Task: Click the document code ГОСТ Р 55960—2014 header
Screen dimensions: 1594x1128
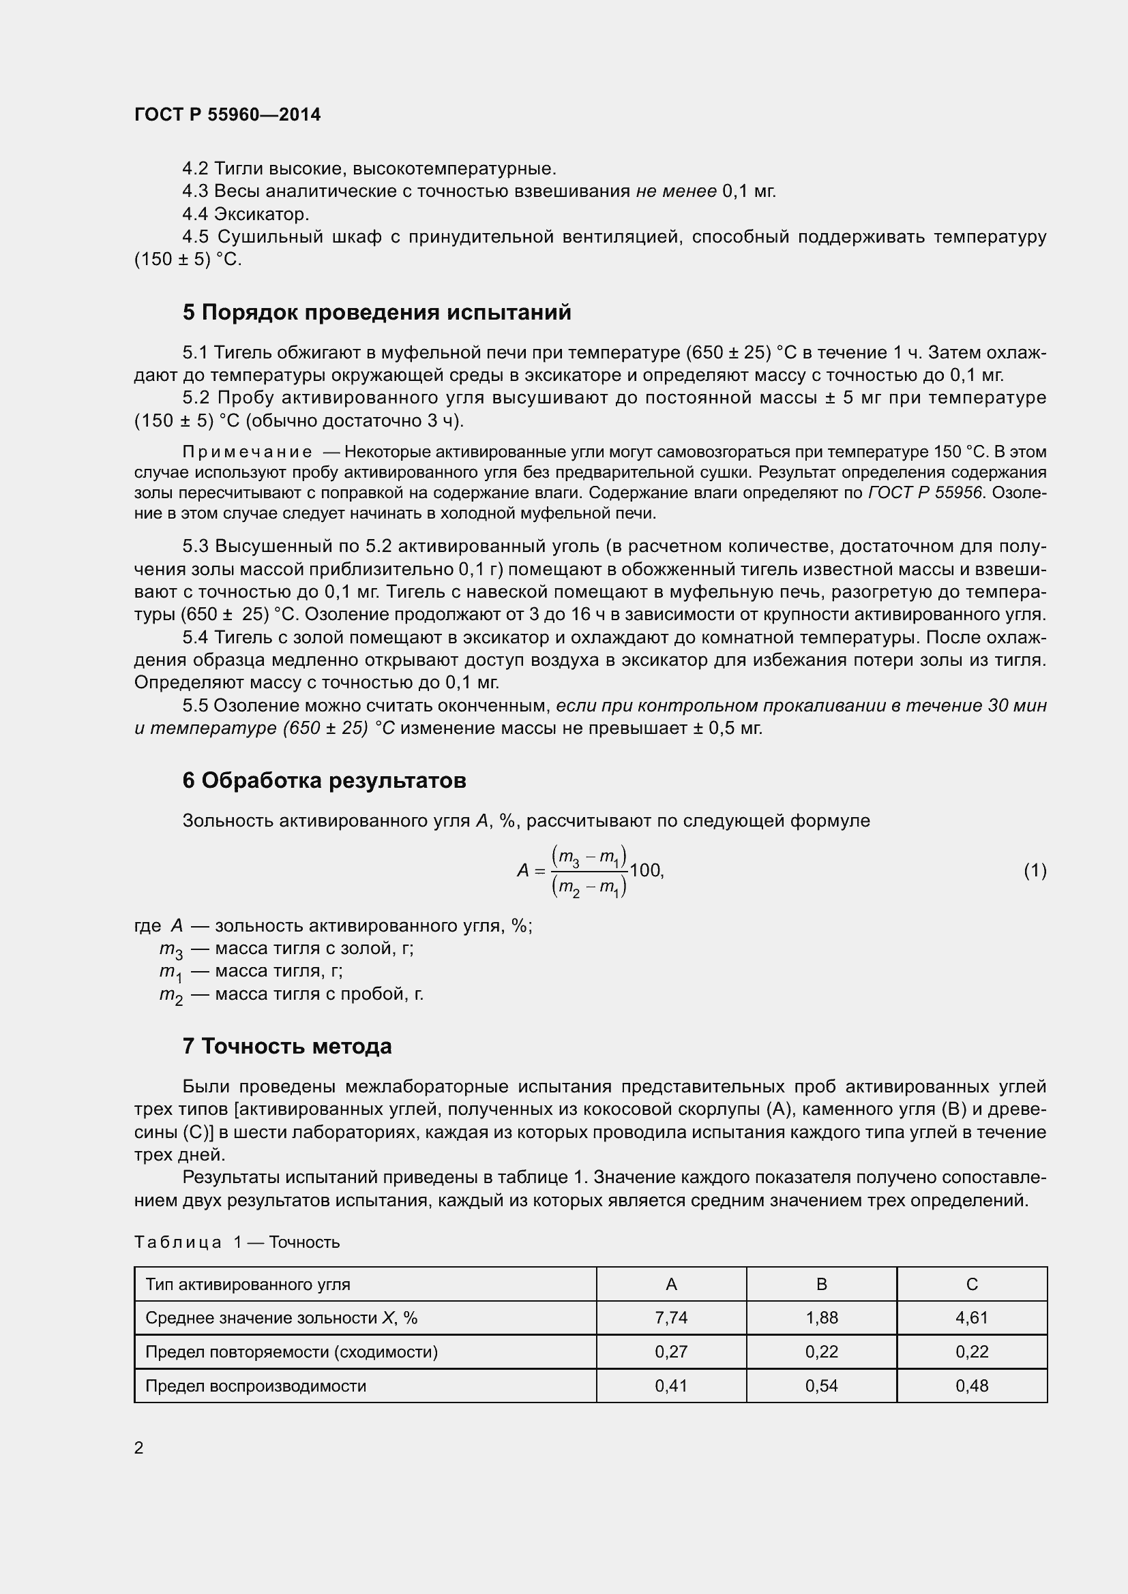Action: tap(227, 114)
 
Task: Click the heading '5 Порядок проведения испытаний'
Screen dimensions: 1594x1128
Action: tap(376, 312)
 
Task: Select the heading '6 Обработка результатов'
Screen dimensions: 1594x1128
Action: tap(324, 780)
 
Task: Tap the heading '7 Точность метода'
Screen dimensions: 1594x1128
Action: tap(287, 1046)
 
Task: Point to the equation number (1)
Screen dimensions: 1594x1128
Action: tap(1035, 870)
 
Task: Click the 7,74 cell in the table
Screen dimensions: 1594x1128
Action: tap(671, 1318)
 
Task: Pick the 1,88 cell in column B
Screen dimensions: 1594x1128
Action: tap(821, 1318)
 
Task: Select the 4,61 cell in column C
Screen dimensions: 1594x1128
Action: tap(971, 1318)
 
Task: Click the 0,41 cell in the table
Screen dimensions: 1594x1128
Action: tap(671, 1385)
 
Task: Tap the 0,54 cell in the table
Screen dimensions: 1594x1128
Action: tap(821, 1385)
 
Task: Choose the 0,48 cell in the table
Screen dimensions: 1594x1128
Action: tap(971, 1385)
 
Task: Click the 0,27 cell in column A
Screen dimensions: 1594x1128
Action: tap(671, 1351)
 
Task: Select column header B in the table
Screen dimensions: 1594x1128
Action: tap(821, 1285)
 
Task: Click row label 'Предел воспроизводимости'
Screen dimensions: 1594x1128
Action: tap(255, 1385)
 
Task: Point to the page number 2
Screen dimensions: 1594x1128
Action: tap(139, 1447)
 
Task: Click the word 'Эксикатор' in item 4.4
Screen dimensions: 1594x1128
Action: tap(261, 214)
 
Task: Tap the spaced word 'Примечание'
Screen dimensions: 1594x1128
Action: tap(248, 452)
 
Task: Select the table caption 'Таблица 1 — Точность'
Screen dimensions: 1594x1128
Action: tap(237, 1242)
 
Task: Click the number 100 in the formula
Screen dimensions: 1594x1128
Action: tap(645, 870)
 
